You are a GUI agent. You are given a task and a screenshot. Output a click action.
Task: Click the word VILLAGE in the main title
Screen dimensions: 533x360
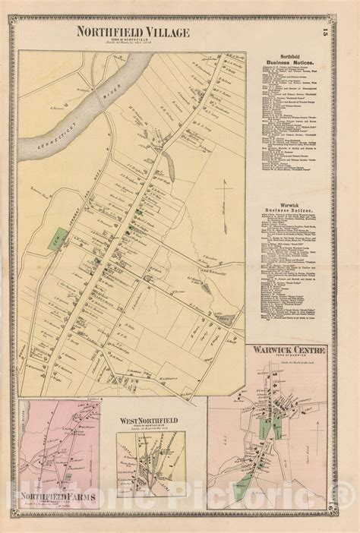tap(163, 32)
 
